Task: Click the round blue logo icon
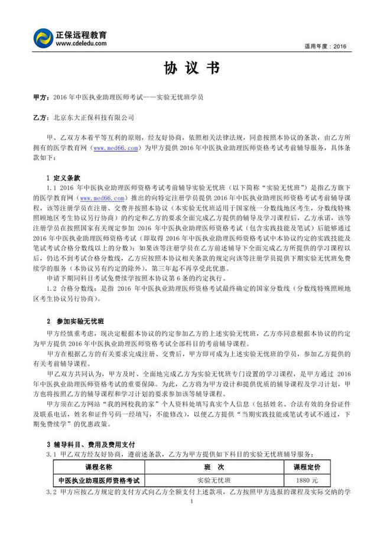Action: [45, 39]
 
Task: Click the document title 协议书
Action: [191, 69]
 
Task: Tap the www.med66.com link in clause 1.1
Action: [103, 198]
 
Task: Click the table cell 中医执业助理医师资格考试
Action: [98, 480]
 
